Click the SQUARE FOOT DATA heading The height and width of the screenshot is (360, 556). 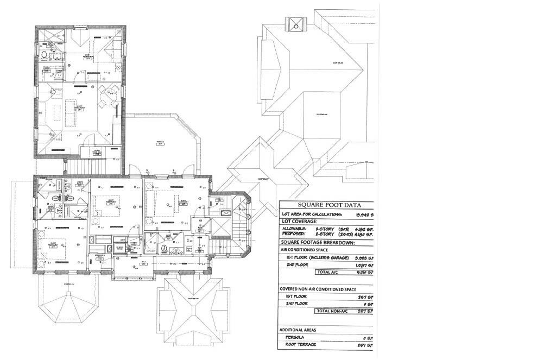(x=326, y=205)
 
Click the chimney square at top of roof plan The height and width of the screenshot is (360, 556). (x=296, y=24)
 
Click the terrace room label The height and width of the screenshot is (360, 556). (x=161, y=143)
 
